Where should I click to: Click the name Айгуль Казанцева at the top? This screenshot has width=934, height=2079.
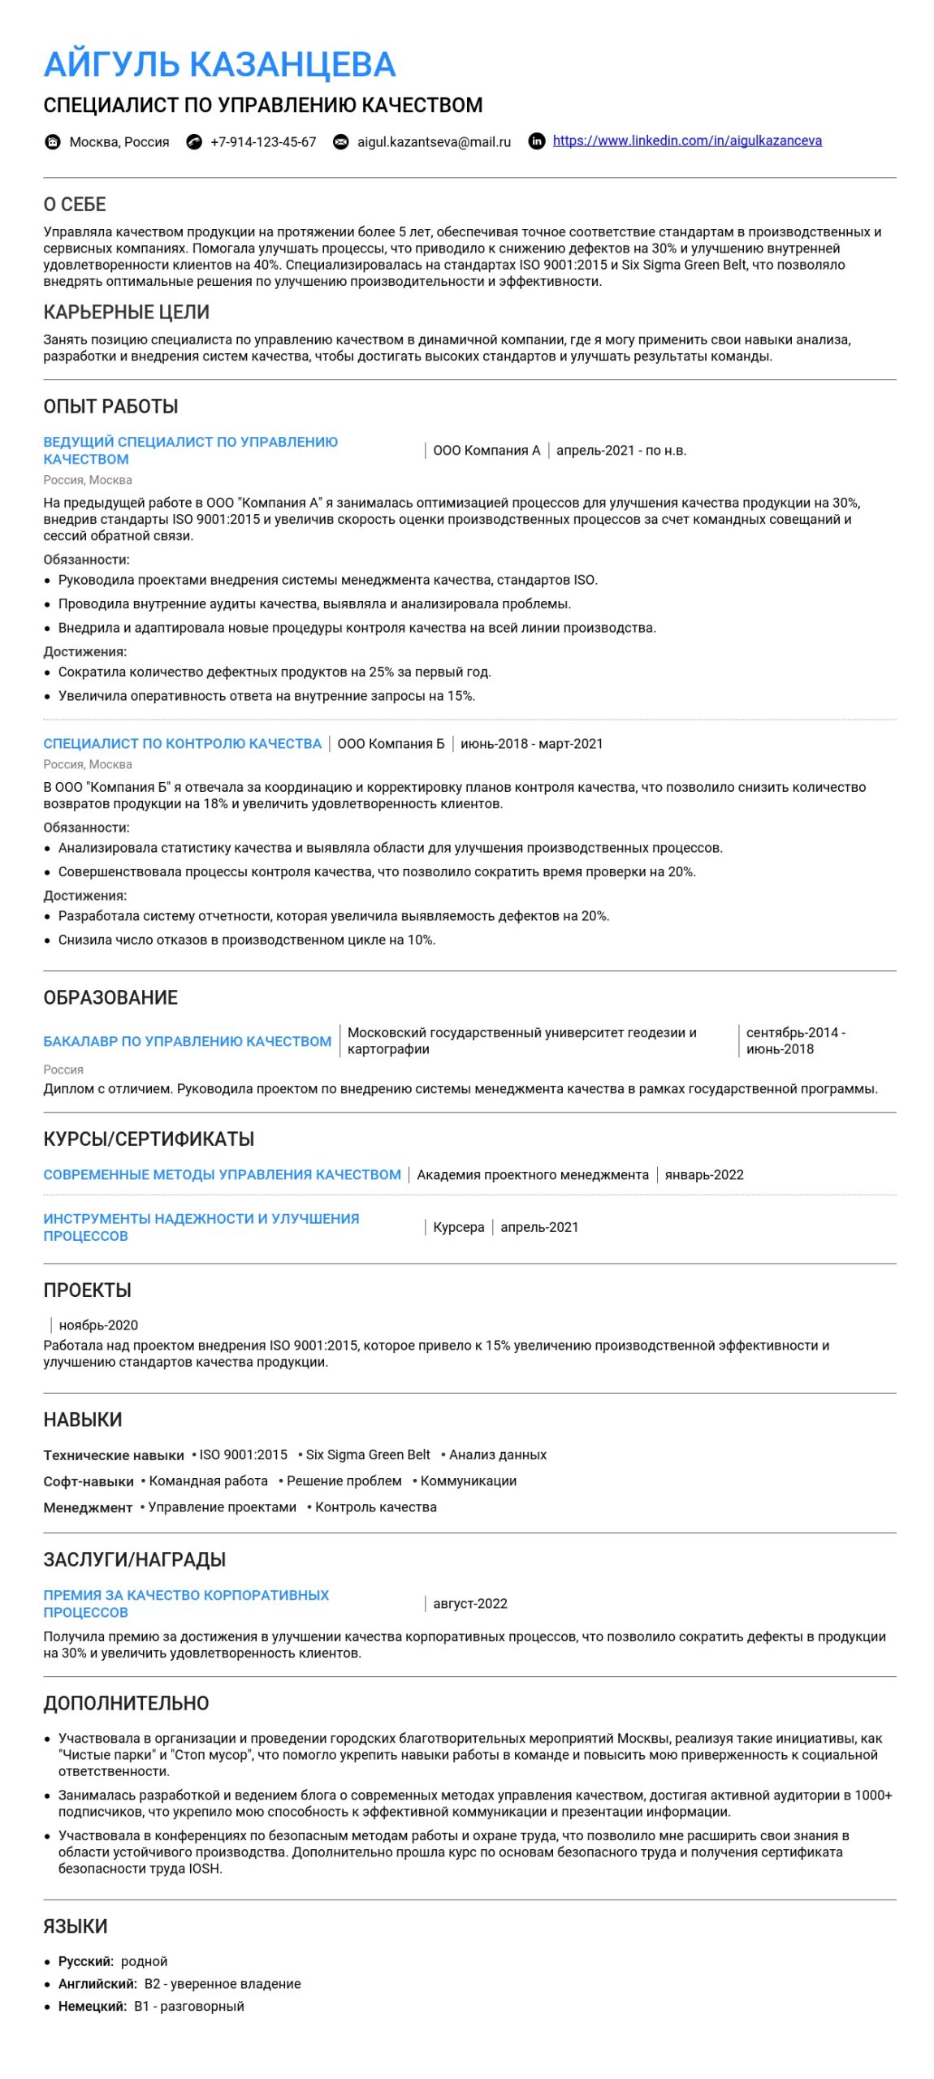(x=219, y=65)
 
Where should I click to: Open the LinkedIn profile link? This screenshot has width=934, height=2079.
(x=686, y=140)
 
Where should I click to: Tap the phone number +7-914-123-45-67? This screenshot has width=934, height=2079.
(x=263, y=142)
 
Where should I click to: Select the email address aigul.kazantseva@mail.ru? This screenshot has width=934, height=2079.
(x=434, y=142)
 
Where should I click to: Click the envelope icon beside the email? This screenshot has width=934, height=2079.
(x=341, y=142)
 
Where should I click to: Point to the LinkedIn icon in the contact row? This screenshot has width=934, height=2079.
(x=537, y=141)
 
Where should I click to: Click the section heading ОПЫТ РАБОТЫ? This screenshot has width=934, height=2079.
(x=110, y=406)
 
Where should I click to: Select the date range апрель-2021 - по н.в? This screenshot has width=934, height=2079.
(x=621, y=451)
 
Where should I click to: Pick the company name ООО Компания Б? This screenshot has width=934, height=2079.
(x=391, y=744)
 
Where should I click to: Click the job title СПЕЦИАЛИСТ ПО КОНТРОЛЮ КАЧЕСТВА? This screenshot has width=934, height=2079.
(x=183, y=744)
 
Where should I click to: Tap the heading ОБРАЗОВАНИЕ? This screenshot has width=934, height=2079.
(x=110, y=997)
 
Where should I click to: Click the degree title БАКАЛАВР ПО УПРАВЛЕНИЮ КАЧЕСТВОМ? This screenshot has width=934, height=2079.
(x=188, y=1041)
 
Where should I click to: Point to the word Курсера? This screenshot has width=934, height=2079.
(x=458, y=1227)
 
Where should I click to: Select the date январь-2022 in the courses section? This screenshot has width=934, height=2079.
(x=704, y=1174)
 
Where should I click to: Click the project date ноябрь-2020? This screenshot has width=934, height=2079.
(x=98, y=1325)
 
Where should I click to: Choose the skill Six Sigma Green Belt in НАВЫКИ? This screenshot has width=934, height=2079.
(x=368, y=1454)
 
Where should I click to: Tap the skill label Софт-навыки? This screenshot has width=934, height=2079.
(x=89, y=1481)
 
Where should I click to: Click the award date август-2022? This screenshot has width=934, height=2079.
(x=470, y=1604)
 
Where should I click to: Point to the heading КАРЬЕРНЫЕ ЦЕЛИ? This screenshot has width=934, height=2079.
(x=127, y=312)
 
